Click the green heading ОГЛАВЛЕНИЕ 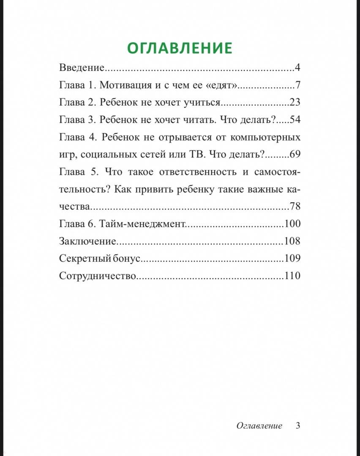(x=180, y=48)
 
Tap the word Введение (x=82, y=68)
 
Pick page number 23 (x=295, y=102)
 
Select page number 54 (x=295, y=119)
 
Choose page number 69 (x=295, y=154)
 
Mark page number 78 (x=295, y=206)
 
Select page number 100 (x=292, y=224)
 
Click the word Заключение (x=87, y=241)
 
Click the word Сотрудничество (x=98, y=276)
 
